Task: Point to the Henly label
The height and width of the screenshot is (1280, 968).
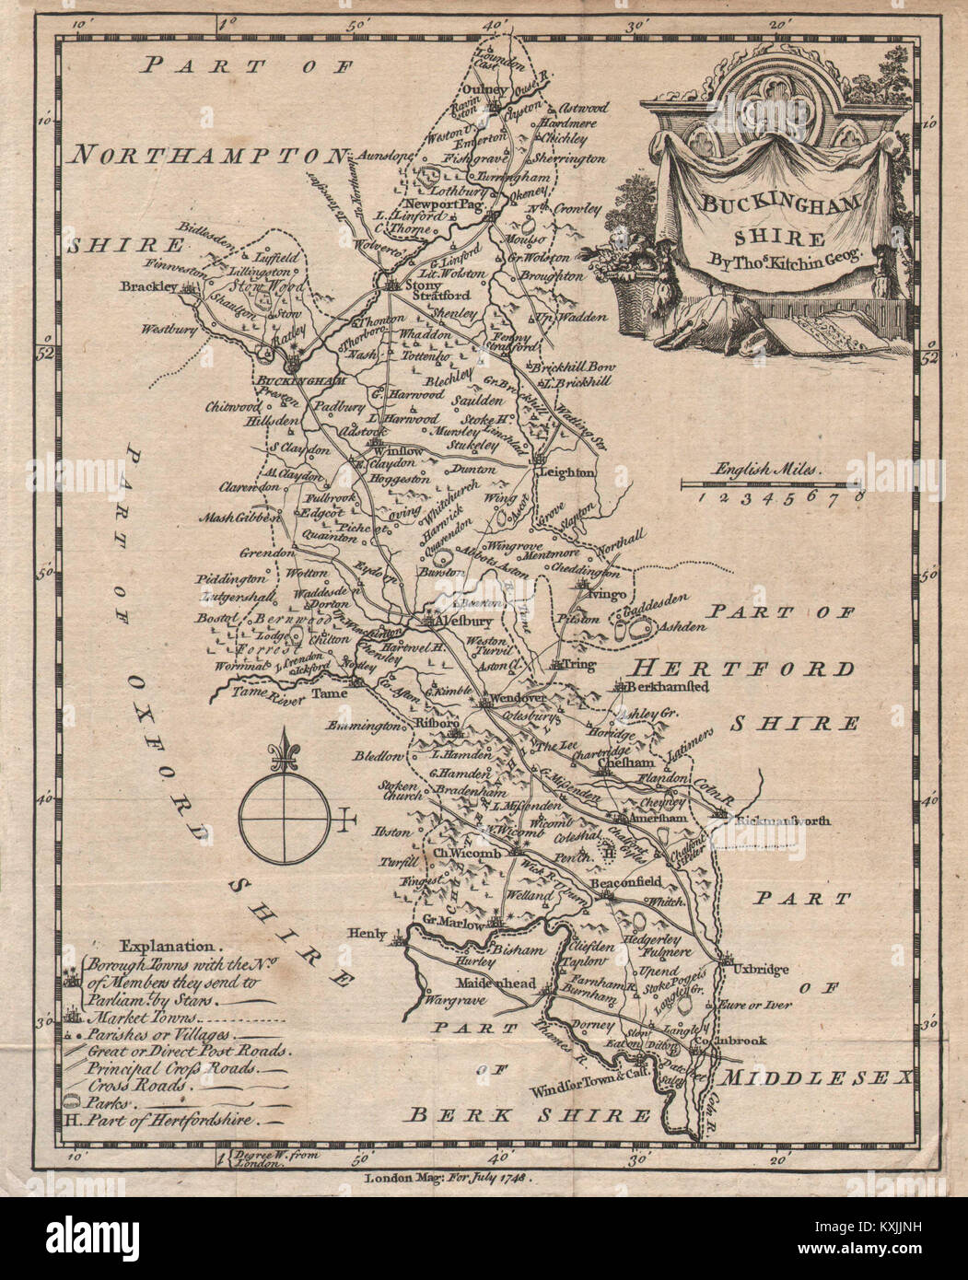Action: click(x=366, y=933)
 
